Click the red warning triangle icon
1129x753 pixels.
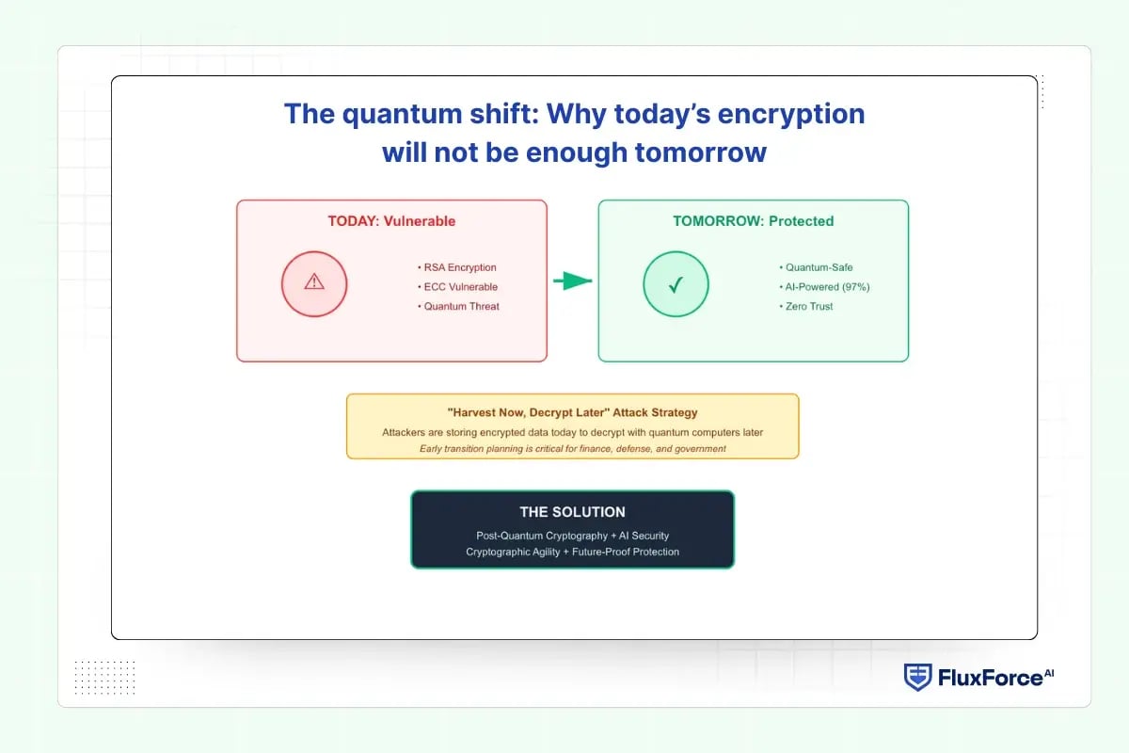pyautogui.click(x=314, y=281)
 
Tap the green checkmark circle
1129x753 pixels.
pyautogui.click(x=676, y=284)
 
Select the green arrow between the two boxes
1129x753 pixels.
pyautogui.click(x=572, y=280)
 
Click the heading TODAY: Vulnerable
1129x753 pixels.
pyautogui.click(x=391, y=221)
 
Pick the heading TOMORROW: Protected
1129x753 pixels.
pyautogui.click(x=753, y=221)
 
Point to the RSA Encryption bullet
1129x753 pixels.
pyautogui.click(x=459, y=267)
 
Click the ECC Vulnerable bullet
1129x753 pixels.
pyautogui.click(x=460, y=287)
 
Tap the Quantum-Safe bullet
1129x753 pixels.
pyautogui.click(x=816, y=267)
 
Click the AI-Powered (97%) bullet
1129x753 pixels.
pyautogui.click(x=824, y=287)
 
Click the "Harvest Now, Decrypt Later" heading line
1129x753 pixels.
pyautogui.click(x=572, y=412)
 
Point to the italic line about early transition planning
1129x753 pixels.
pyautogui.click(x=572, y=449)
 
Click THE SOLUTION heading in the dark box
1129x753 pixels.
pyautogui.click(x=572, y=512)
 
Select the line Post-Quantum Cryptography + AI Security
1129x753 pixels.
pyautogui.click(x=572, y=535)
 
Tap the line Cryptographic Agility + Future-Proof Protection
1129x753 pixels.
pyautogui.click(x=572, y=552)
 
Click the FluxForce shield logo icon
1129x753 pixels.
pyautogui.click(x=917, y=677)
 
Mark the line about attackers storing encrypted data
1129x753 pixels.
pyautogui.click(x=572, y=432)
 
